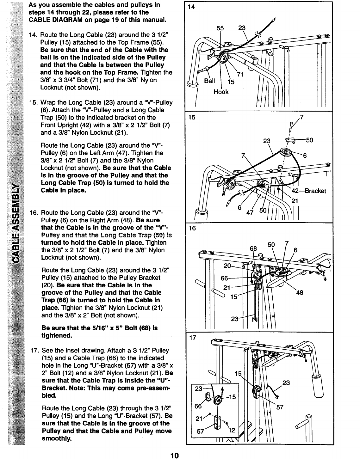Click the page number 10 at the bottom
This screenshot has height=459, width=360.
(174, 455)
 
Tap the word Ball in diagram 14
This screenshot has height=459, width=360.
(209, 81)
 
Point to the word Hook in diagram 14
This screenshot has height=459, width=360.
(221, 92)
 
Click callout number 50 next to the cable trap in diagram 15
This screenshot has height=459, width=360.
(309, 140)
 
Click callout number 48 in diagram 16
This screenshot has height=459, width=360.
(299, 293)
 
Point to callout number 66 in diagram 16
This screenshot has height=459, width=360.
(224, 278)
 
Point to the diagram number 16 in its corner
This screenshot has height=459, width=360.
(192, 228)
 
